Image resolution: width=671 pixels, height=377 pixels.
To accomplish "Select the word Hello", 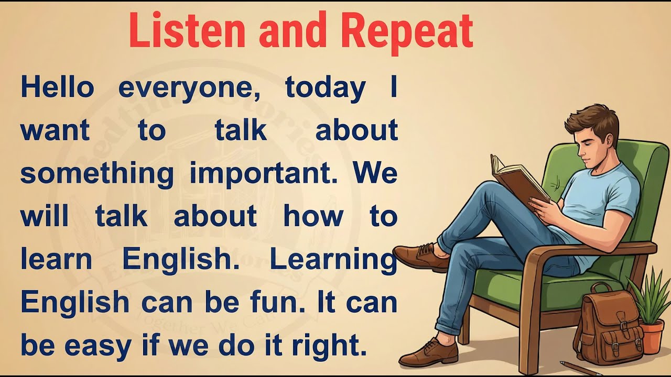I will pos(57,87).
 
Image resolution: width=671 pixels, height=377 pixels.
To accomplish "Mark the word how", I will pos(313,216).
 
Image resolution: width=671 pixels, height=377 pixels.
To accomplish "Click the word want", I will pos(55,131).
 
